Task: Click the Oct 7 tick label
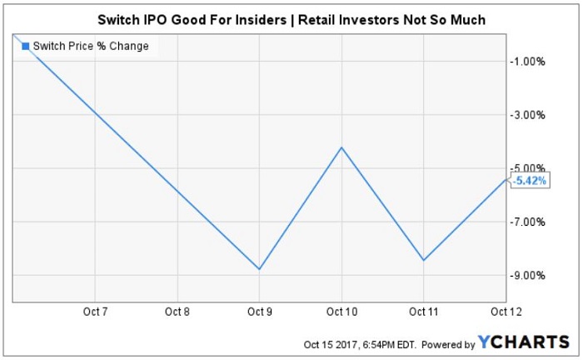pos(96,312)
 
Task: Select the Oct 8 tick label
pos(177,312)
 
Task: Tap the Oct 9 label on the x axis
pos(260,312)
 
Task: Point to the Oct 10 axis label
pos(341,312)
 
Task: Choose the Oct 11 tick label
pos(424,312)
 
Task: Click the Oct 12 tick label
pos(501,312)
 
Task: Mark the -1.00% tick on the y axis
pos(530,62)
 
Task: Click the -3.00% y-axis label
pos(530,115)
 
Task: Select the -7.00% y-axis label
pos(530,222)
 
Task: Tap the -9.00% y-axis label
pos(530,275)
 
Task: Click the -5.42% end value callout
pos(530,180)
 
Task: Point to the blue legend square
pos(25,46)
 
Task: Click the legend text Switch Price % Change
pos(91,46)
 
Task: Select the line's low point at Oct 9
pos(260,269)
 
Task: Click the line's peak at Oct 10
pos(341,147)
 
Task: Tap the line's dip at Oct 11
pos(424,260)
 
